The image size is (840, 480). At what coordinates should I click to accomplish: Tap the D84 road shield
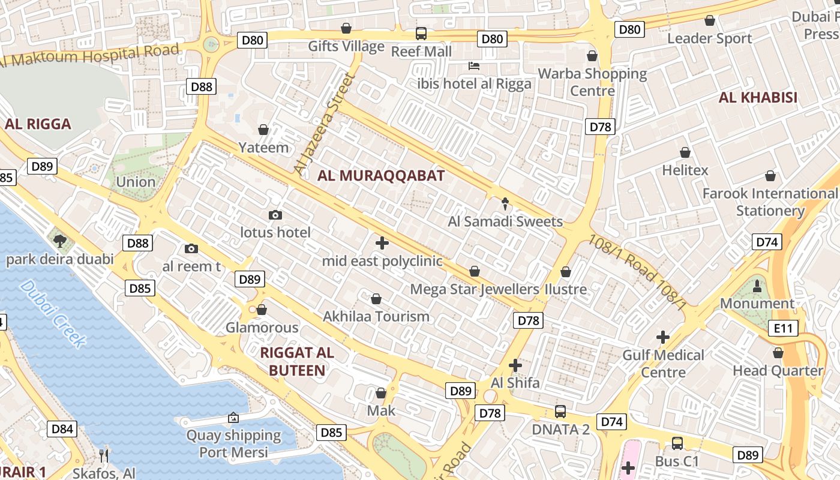coord(62,428)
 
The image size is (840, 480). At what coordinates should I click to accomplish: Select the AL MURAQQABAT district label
coord(381,176)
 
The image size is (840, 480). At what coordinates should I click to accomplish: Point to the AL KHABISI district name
coord(758,97)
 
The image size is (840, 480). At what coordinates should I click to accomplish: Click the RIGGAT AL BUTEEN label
coord(297,361)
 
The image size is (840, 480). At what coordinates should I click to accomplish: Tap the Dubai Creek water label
coord(53,313)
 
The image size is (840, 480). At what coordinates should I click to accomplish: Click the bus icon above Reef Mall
coord(421,34)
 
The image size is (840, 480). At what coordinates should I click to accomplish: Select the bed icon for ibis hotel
coord(474,65)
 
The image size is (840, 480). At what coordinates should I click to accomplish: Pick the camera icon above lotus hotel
coord(275,215)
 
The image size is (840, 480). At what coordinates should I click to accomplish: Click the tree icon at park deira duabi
coord(59,241)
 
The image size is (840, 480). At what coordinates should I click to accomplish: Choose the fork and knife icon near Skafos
coord(104,455)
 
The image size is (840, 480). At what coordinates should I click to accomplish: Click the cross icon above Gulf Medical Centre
coord(663,337)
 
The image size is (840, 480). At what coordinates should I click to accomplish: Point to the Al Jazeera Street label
coord(322,125)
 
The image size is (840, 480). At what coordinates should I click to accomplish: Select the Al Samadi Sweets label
coord(505,221)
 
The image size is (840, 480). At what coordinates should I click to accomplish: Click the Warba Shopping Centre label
coord(592,82)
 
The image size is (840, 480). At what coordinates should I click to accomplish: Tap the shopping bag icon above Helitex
coord(685,152)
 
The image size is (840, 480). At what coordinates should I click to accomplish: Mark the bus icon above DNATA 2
coord(560,412)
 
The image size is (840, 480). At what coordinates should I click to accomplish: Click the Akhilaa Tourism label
coord(376,316)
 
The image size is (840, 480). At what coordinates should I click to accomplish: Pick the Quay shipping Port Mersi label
coord(233,443)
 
